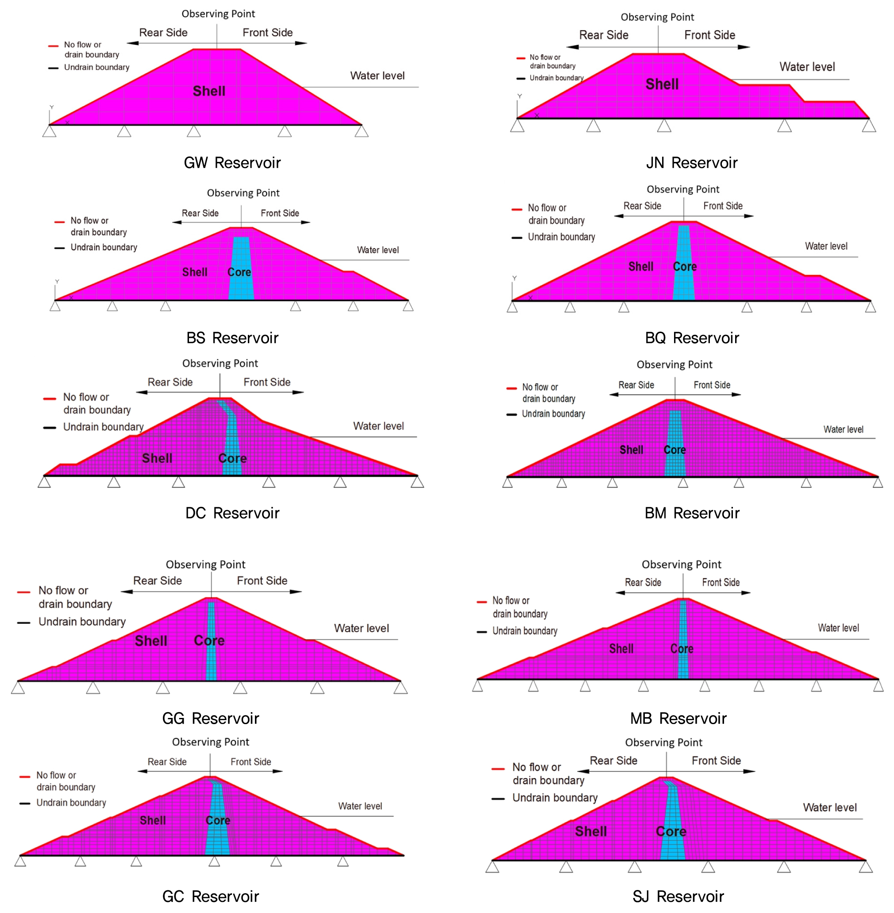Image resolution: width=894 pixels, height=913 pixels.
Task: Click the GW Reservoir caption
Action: click(232, 163)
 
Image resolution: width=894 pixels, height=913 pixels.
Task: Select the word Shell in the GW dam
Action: click(209, 91)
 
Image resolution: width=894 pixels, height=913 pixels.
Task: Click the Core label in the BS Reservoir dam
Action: click(239, 272)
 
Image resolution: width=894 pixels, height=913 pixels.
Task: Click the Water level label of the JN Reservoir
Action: click(807, 67)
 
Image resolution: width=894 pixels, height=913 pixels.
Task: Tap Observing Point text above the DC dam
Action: click(220, 363)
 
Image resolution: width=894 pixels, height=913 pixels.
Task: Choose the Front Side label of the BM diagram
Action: click(711, 385)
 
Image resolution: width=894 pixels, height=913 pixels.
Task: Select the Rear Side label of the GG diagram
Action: click(157, 581)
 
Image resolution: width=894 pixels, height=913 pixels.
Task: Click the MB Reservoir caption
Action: click(678, 719)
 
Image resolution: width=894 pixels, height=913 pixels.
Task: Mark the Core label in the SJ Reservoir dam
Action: click(671, 832)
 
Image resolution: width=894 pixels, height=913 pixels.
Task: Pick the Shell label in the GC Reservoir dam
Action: click(153, 821)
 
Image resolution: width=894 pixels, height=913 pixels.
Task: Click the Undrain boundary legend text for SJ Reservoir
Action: click(555, 798)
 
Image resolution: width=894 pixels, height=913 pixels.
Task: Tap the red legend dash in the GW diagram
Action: click(53, 46)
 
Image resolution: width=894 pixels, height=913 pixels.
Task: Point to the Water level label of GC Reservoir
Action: click(360, 806)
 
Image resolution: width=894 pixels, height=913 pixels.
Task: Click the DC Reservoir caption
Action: click(232, 513)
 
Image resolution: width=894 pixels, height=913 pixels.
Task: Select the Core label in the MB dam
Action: click(682, 649)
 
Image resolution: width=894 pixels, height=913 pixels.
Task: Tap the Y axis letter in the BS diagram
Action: click(57, 282)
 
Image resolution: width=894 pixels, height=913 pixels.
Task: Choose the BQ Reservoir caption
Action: click(692, 338)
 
